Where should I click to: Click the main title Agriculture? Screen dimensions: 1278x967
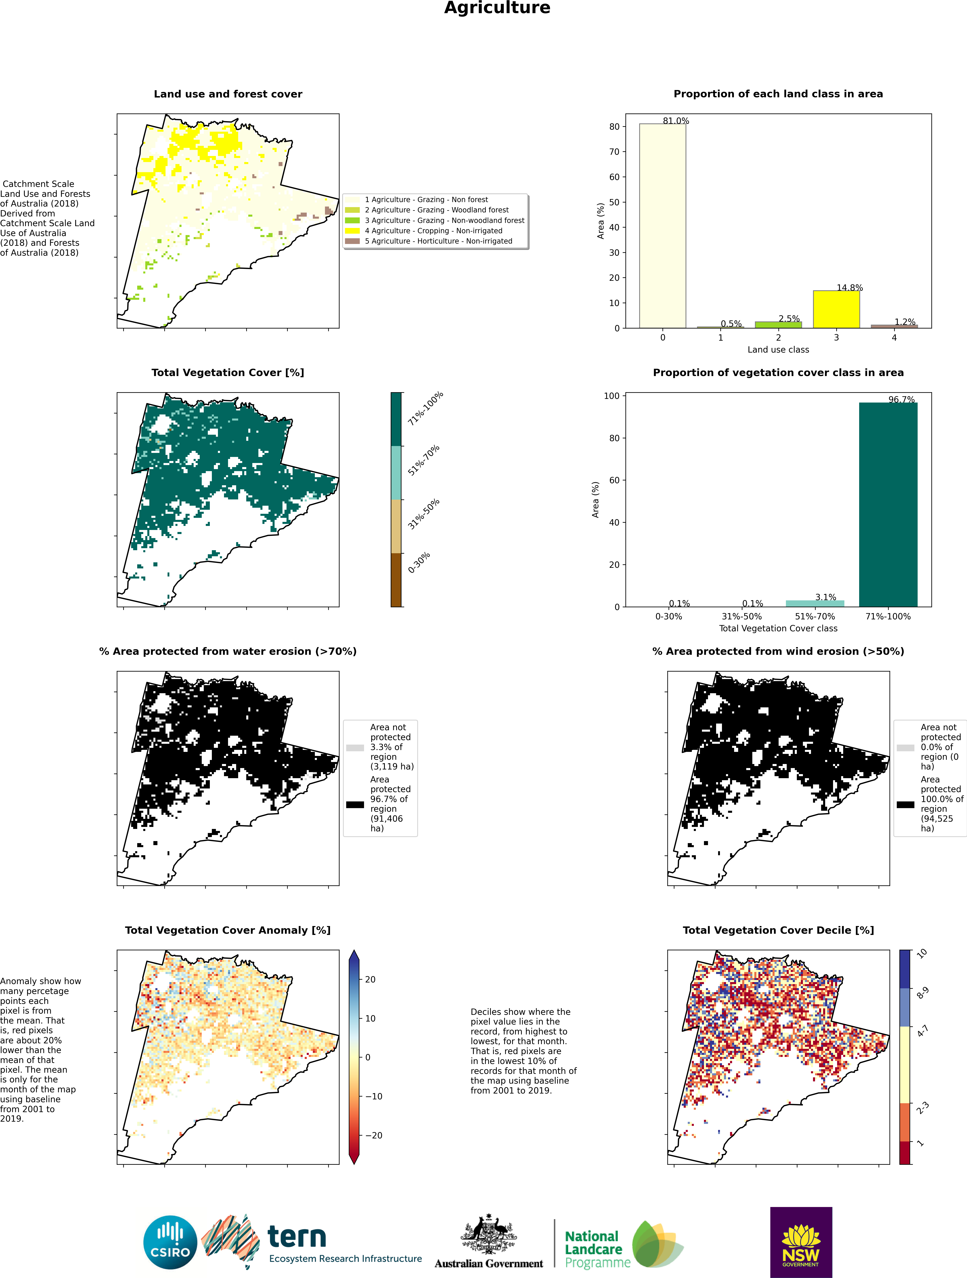(497, 8)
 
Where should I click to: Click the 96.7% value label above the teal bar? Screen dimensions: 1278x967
(901, 399)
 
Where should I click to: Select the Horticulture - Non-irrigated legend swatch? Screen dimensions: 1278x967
(352, 241)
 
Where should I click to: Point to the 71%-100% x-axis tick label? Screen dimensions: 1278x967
(888, 617)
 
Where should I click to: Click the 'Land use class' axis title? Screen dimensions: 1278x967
(778, 350)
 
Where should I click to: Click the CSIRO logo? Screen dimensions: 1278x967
(171, 1242)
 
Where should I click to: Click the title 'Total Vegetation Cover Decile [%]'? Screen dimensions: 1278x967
(778, 930)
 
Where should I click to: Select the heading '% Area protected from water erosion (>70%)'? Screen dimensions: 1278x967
(228, 651)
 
